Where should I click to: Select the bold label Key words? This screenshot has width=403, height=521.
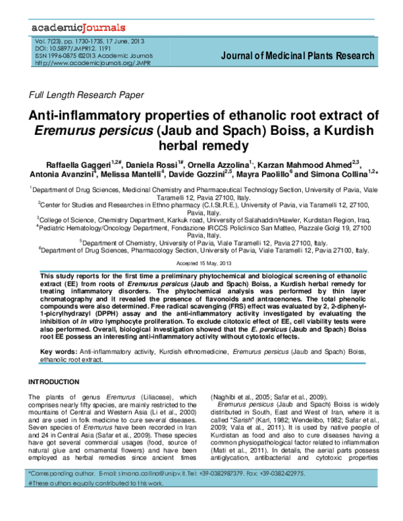click(x=58, y=351)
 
